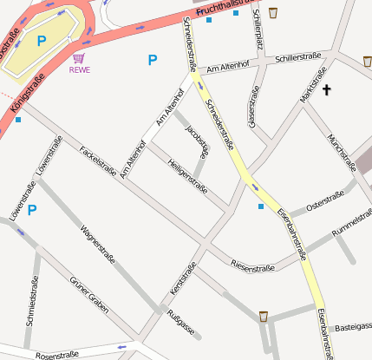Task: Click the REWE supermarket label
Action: (x=79, y=71)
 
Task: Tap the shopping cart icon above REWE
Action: (x=79, y=59)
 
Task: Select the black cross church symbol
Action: (x=327, y=89)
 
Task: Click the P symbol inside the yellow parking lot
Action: (x=41, y=40)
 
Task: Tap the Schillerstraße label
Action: (x=298, y=59)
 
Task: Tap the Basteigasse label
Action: (x=352, y=327)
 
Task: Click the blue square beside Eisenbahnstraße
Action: (x=261, y=206)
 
